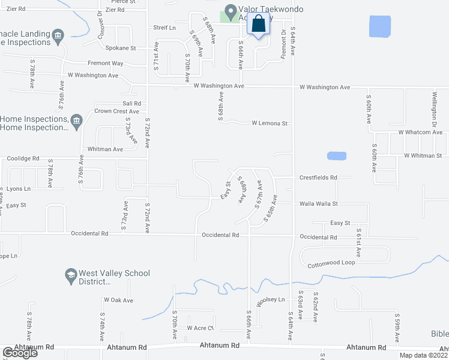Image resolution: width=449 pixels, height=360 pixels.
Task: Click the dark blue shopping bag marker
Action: coord(259,25)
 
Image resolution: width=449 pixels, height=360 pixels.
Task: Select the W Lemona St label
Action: coord(270,123)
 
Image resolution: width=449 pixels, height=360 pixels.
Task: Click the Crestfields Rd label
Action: coord(318,178)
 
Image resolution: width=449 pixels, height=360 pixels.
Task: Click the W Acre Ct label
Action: coord(200,328)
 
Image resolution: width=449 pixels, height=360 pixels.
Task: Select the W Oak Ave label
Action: coord(118,299)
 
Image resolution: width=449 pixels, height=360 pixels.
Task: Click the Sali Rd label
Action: coord(131,103)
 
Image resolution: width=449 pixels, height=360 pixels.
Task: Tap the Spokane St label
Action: coord(121,48)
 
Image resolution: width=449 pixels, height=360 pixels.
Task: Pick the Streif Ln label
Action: coord(164,28)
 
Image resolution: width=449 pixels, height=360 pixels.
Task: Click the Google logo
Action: coord(20,352)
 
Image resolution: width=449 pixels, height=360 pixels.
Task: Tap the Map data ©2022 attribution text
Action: coord(423,355)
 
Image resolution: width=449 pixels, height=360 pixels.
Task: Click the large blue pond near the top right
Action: coord(380,26)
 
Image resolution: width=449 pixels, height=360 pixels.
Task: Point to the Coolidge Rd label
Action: coord(23,158)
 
